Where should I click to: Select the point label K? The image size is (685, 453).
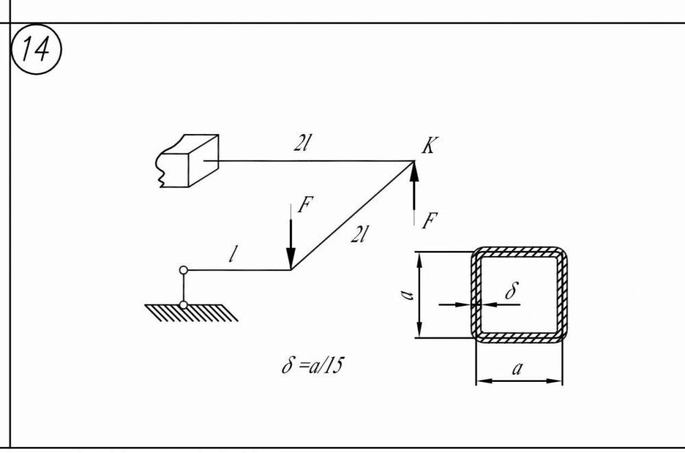tap(429, 146)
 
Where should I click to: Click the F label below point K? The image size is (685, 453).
tap(429, 221)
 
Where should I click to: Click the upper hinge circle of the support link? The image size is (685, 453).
tap(183, 270)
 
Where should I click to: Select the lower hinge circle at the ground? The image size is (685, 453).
tap(183, 305)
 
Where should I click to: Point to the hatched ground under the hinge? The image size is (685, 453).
tap(192, 314)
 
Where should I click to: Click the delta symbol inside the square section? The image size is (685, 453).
tap(511, 291)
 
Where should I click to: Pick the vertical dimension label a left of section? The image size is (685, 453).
tap(407, 295)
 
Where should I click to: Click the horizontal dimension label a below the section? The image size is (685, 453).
tap(519, 369)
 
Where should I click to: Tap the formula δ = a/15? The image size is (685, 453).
tap(312, 365)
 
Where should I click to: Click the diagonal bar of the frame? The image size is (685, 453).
tap(353, 215)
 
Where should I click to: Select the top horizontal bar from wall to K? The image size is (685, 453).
tap(315, 161)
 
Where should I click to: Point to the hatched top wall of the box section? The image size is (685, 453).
tap(519, 251)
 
